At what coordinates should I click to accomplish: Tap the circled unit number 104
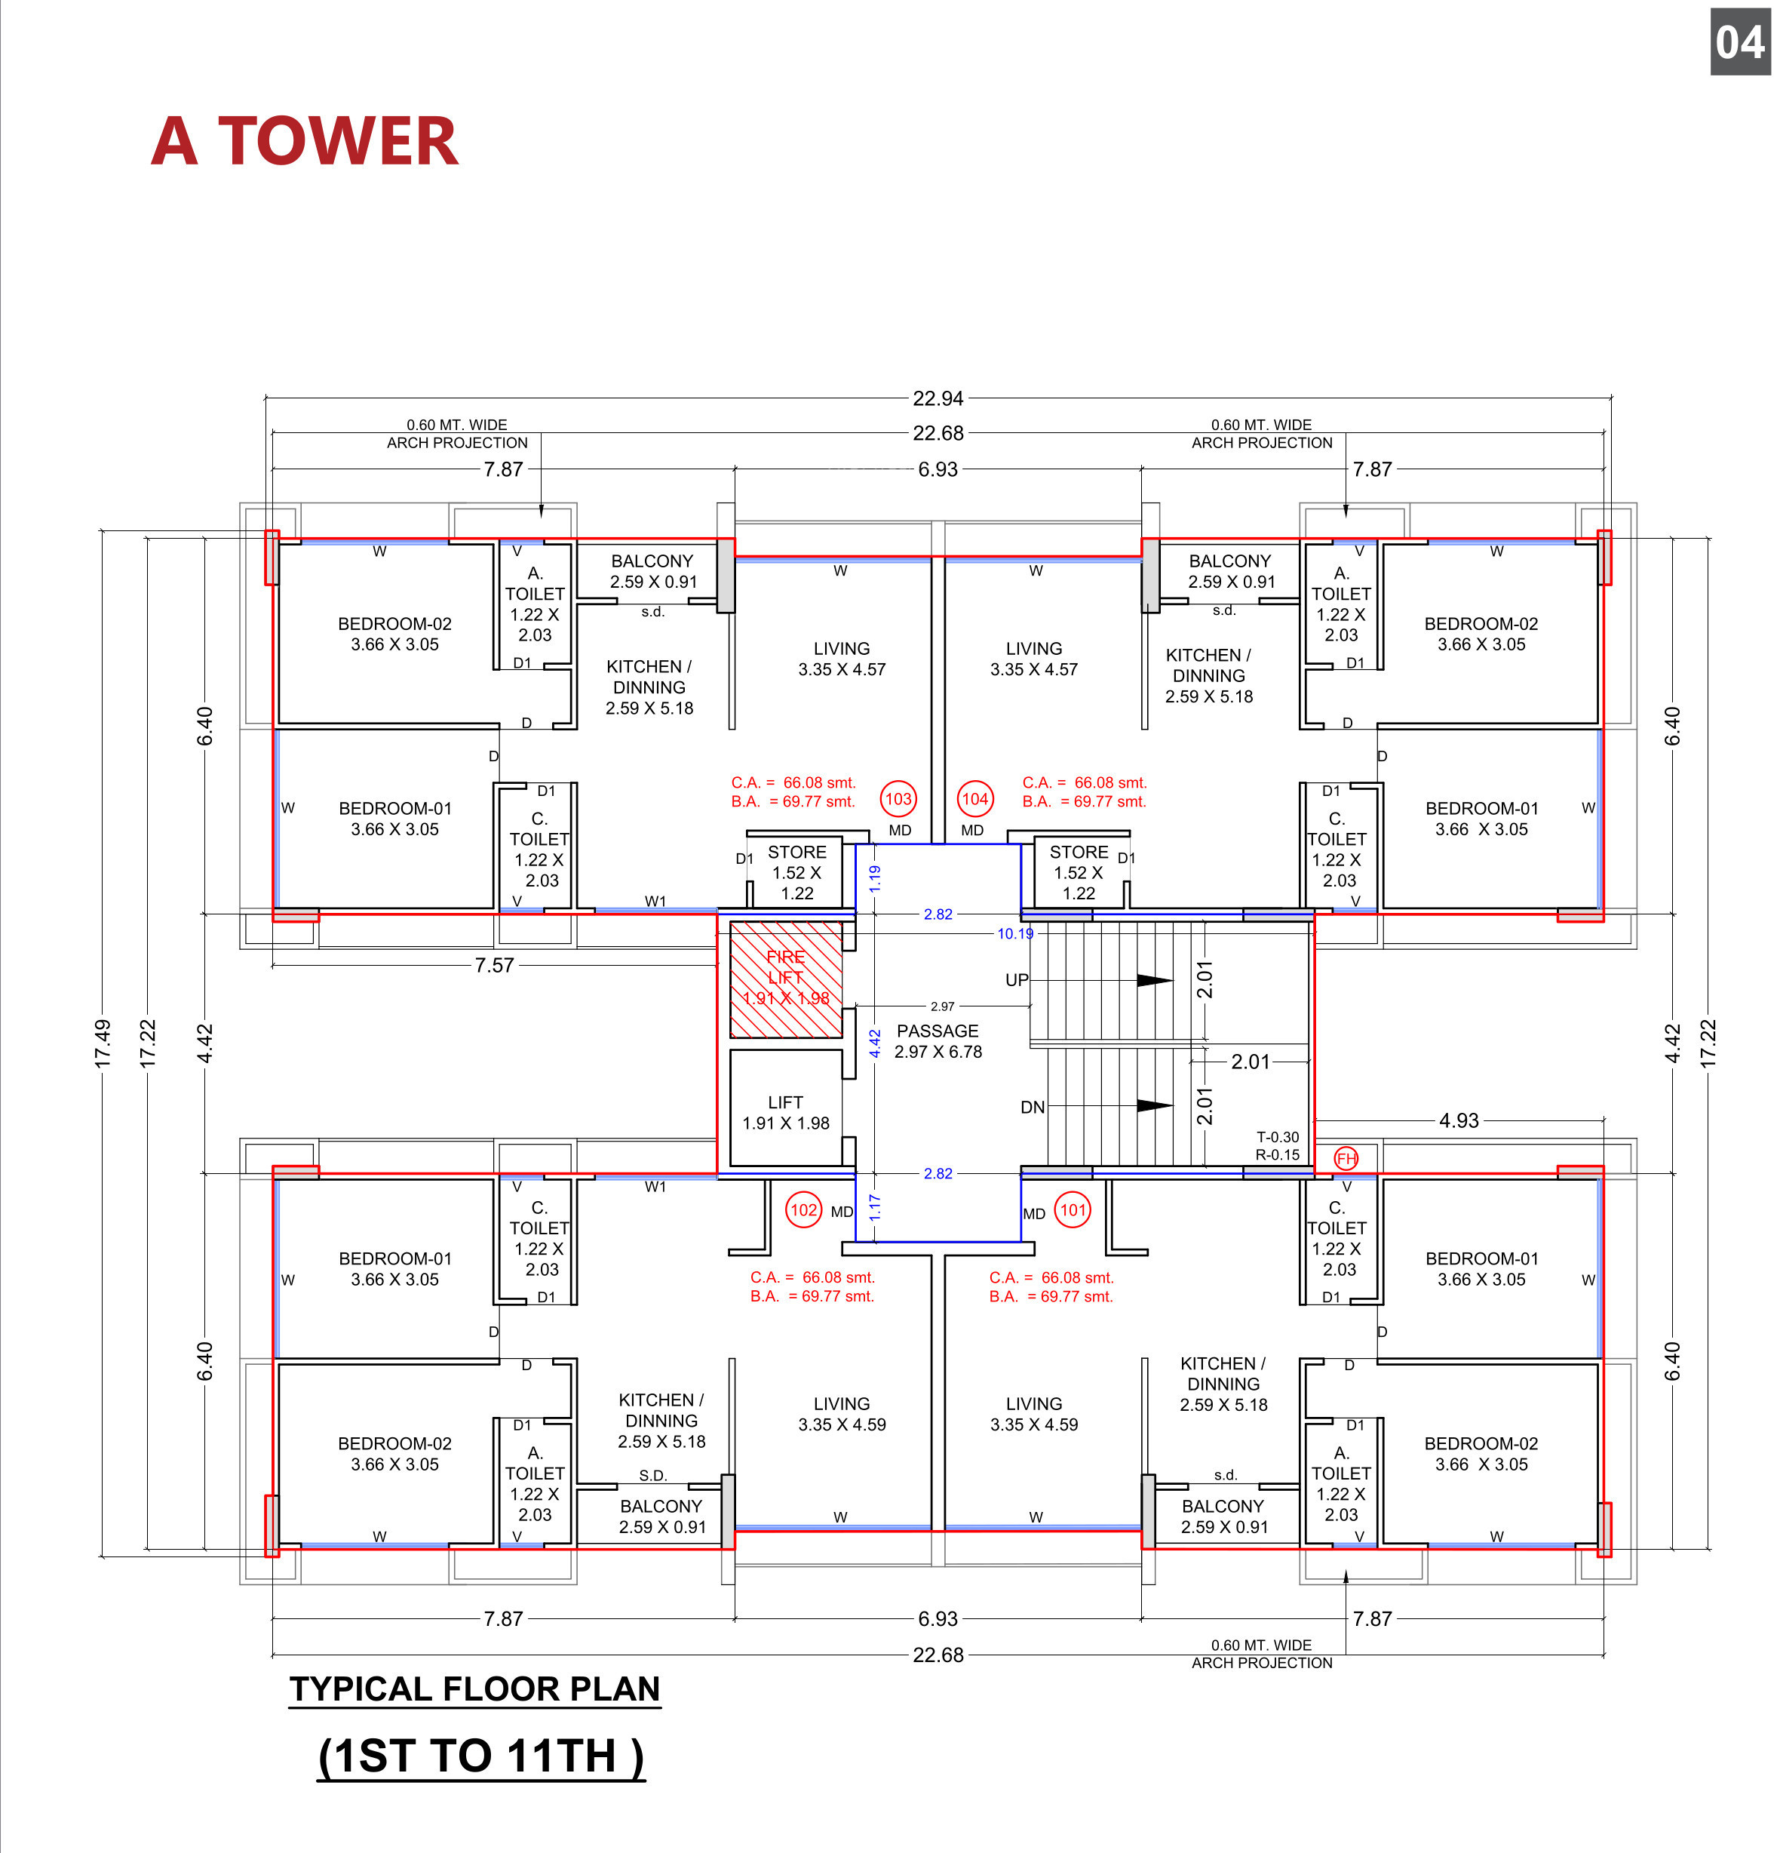click(x=974, y=799)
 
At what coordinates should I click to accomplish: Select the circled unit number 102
click(x=803, y=1210)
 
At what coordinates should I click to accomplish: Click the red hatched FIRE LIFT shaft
click(x=786, y=979)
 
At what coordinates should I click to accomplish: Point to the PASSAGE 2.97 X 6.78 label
click(x=938, y=1041)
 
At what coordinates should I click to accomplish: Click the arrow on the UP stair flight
click(x=1154, y=980)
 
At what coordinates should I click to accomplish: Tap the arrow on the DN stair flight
click(x=1154, y=1105)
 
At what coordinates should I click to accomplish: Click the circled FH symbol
click(x=1346, y=1158)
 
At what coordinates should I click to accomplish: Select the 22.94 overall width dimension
click(x=938, y=398)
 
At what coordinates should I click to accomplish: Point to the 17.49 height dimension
click(x=102, y=1043)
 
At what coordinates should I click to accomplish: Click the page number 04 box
click(x=1740, y=41)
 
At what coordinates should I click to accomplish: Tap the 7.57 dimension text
click(x=494, y=965)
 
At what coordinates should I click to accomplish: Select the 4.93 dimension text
click(x=1459, y=1120)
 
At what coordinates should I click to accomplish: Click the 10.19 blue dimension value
click(x=1015, y=933)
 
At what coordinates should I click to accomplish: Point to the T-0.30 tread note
click(x=1278, y=1137)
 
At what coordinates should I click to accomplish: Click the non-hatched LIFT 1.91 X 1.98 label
click(x=786, y=1113)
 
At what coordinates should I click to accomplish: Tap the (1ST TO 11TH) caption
click(x=481, y=1756)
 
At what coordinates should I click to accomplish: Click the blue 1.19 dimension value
click(x=874, y=878)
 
